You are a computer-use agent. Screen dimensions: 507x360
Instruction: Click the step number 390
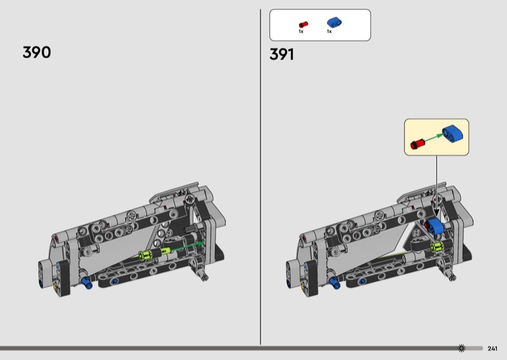click(37, 52)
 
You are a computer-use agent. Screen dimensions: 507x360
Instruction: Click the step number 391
click(281, 55)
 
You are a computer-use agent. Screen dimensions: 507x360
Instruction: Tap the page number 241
click(492, 349)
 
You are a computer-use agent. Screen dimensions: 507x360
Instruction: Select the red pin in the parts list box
click(304, 25)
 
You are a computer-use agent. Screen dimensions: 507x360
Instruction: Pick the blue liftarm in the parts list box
click(335, 22)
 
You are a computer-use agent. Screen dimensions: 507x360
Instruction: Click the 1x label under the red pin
click(301, 32)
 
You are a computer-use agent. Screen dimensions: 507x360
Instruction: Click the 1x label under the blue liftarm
click(329, 32)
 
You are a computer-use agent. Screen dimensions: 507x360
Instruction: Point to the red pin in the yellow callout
click(417, 144)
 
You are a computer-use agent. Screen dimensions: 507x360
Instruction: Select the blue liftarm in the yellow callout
click(452, 133)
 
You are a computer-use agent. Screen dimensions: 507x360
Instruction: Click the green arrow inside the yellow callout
click(434, 138)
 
